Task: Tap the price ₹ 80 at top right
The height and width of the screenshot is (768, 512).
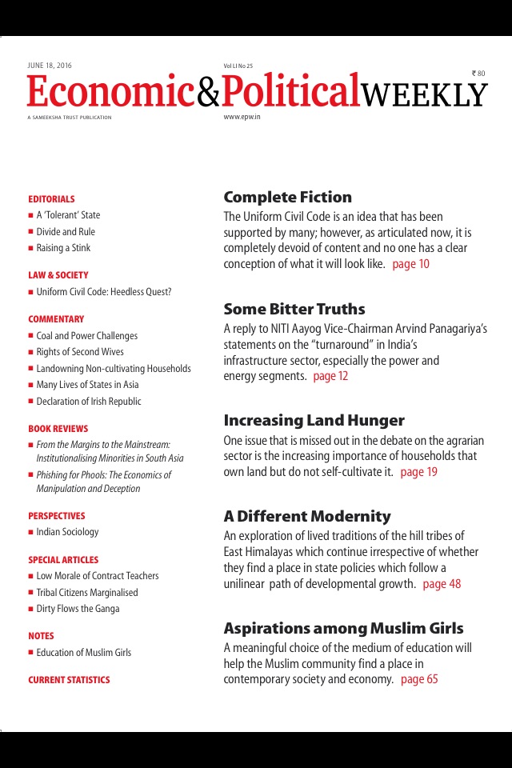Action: [478, 74]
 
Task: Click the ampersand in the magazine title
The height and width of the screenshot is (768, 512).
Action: [207, 94]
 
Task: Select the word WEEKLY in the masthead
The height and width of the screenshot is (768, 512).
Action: [423, 95]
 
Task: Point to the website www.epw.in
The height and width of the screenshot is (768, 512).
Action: [242, 117]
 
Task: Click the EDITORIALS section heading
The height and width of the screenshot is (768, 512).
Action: [51, 199]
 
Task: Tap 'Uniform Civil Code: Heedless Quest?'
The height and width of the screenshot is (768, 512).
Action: [103, 292]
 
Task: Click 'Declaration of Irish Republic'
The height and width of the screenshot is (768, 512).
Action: [88, 402]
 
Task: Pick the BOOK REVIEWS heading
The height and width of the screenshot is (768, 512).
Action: [58, 429]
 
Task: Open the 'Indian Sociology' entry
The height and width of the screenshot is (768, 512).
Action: [67, 532]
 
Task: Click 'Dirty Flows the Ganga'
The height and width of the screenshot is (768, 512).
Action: [78, 609]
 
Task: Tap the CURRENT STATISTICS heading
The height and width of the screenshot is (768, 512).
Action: [69, 680]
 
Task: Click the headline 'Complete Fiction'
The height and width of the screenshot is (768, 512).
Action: [287, 198]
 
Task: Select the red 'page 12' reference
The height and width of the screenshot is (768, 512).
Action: [330, 376]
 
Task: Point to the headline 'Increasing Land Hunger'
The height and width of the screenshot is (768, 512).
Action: [314, 421]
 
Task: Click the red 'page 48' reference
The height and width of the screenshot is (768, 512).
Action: [442, 584]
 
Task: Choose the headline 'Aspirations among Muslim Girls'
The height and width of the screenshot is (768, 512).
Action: [343, 628]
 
